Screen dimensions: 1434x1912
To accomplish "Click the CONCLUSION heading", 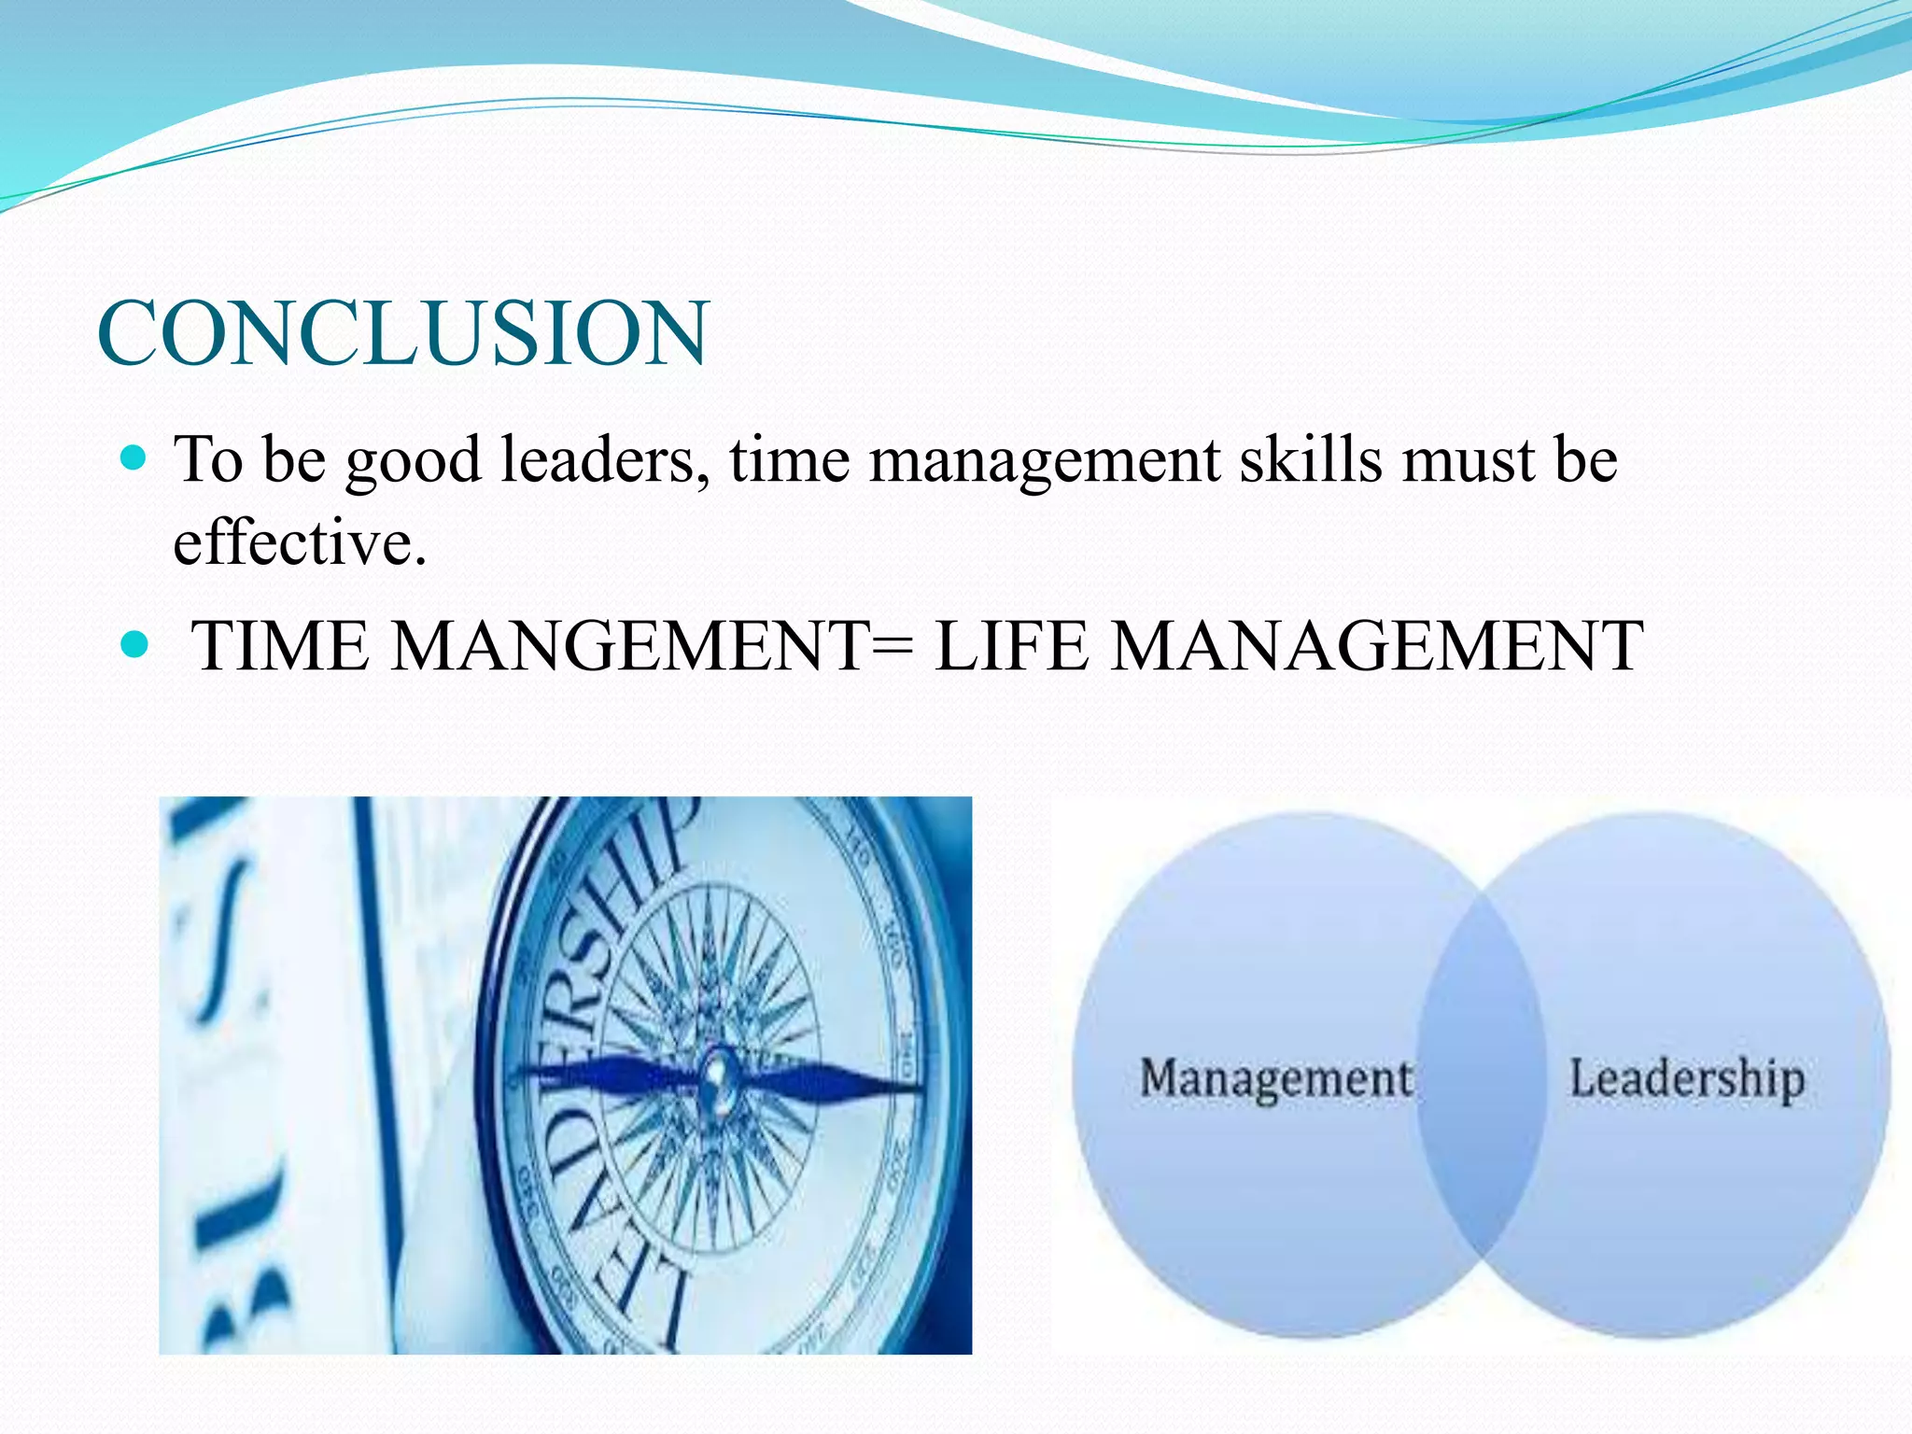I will coord(403,333).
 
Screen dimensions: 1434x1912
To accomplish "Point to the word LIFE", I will coord(1012,645).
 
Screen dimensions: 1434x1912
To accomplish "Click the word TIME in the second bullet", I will coord(280,645).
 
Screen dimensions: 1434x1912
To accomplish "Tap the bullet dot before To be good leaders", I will coord(135,457).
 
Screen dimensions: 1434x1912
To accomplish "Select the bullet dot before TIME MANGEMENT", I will coord(135,643).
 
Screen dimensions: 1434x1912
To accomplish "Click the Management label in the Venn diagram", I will coord(1276,1078).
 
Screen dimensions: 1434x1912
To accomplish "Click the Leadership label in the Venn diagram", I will coord(1686,1078).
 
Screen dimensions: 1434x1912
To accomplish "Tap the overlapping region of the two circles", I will coord(1481,1074).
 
